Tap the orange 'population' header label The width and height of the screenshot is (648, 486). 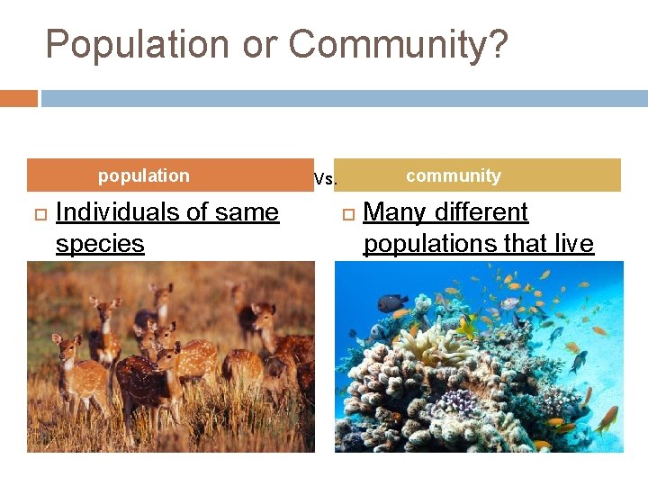(x=144, y=175)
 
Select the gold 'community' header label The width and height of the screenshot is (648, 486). (x=454, y=175)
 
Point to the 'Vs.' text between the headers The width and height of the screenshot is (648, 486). (x=325, y=179)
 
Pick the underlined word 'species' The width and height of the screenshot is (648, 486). (x=100, y=244)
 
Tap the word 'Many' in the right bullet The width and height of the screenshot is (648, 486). (x=396, y=212)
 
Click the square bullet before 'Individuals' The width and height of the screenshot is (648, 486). (x=38, y=213)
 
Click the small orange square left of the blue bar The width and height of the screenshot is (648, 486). (x=19, y=98)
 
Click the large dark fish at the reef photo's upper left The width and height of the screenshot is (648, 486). (x=391, y=303)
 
